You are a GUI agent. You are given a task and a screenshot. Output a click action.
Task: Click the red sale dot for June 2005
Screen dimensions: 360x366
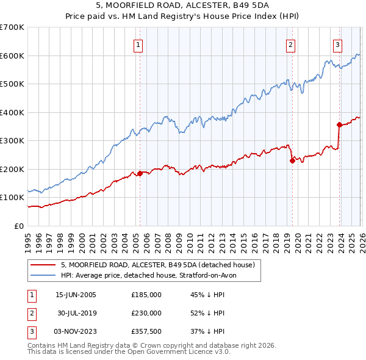tap(140, 173)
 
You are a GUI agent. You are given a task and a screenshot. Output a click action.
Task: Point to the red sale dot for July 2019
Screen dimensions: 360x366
tap(292, 160)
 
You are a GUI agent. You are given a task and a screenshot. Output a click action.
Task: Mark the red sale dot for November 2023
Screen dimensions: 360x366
tap(339, 124)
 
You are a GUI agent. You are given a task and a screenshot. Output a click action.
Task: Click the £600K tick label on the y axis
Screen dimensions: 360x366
tap(12, 56)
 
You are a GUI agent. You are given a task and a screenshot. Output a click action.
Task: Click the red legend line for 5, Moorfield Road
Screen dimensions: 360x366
tap(43, 265)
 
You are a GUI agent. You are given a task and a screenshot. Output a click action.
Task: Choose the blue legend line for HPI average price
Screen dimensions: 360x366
tap(43, 275)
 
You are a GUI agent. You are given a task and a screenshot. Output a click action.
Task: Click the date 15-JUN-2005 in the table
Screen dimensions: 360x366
tap(76, 294)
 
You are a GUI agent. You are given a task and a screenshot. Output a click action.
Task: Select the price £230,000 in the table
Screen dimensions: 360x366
tap(146, 313)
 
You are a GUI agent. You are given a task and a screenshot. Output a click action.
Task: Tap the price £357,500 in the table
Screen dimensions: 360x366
tap(146, 332)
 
